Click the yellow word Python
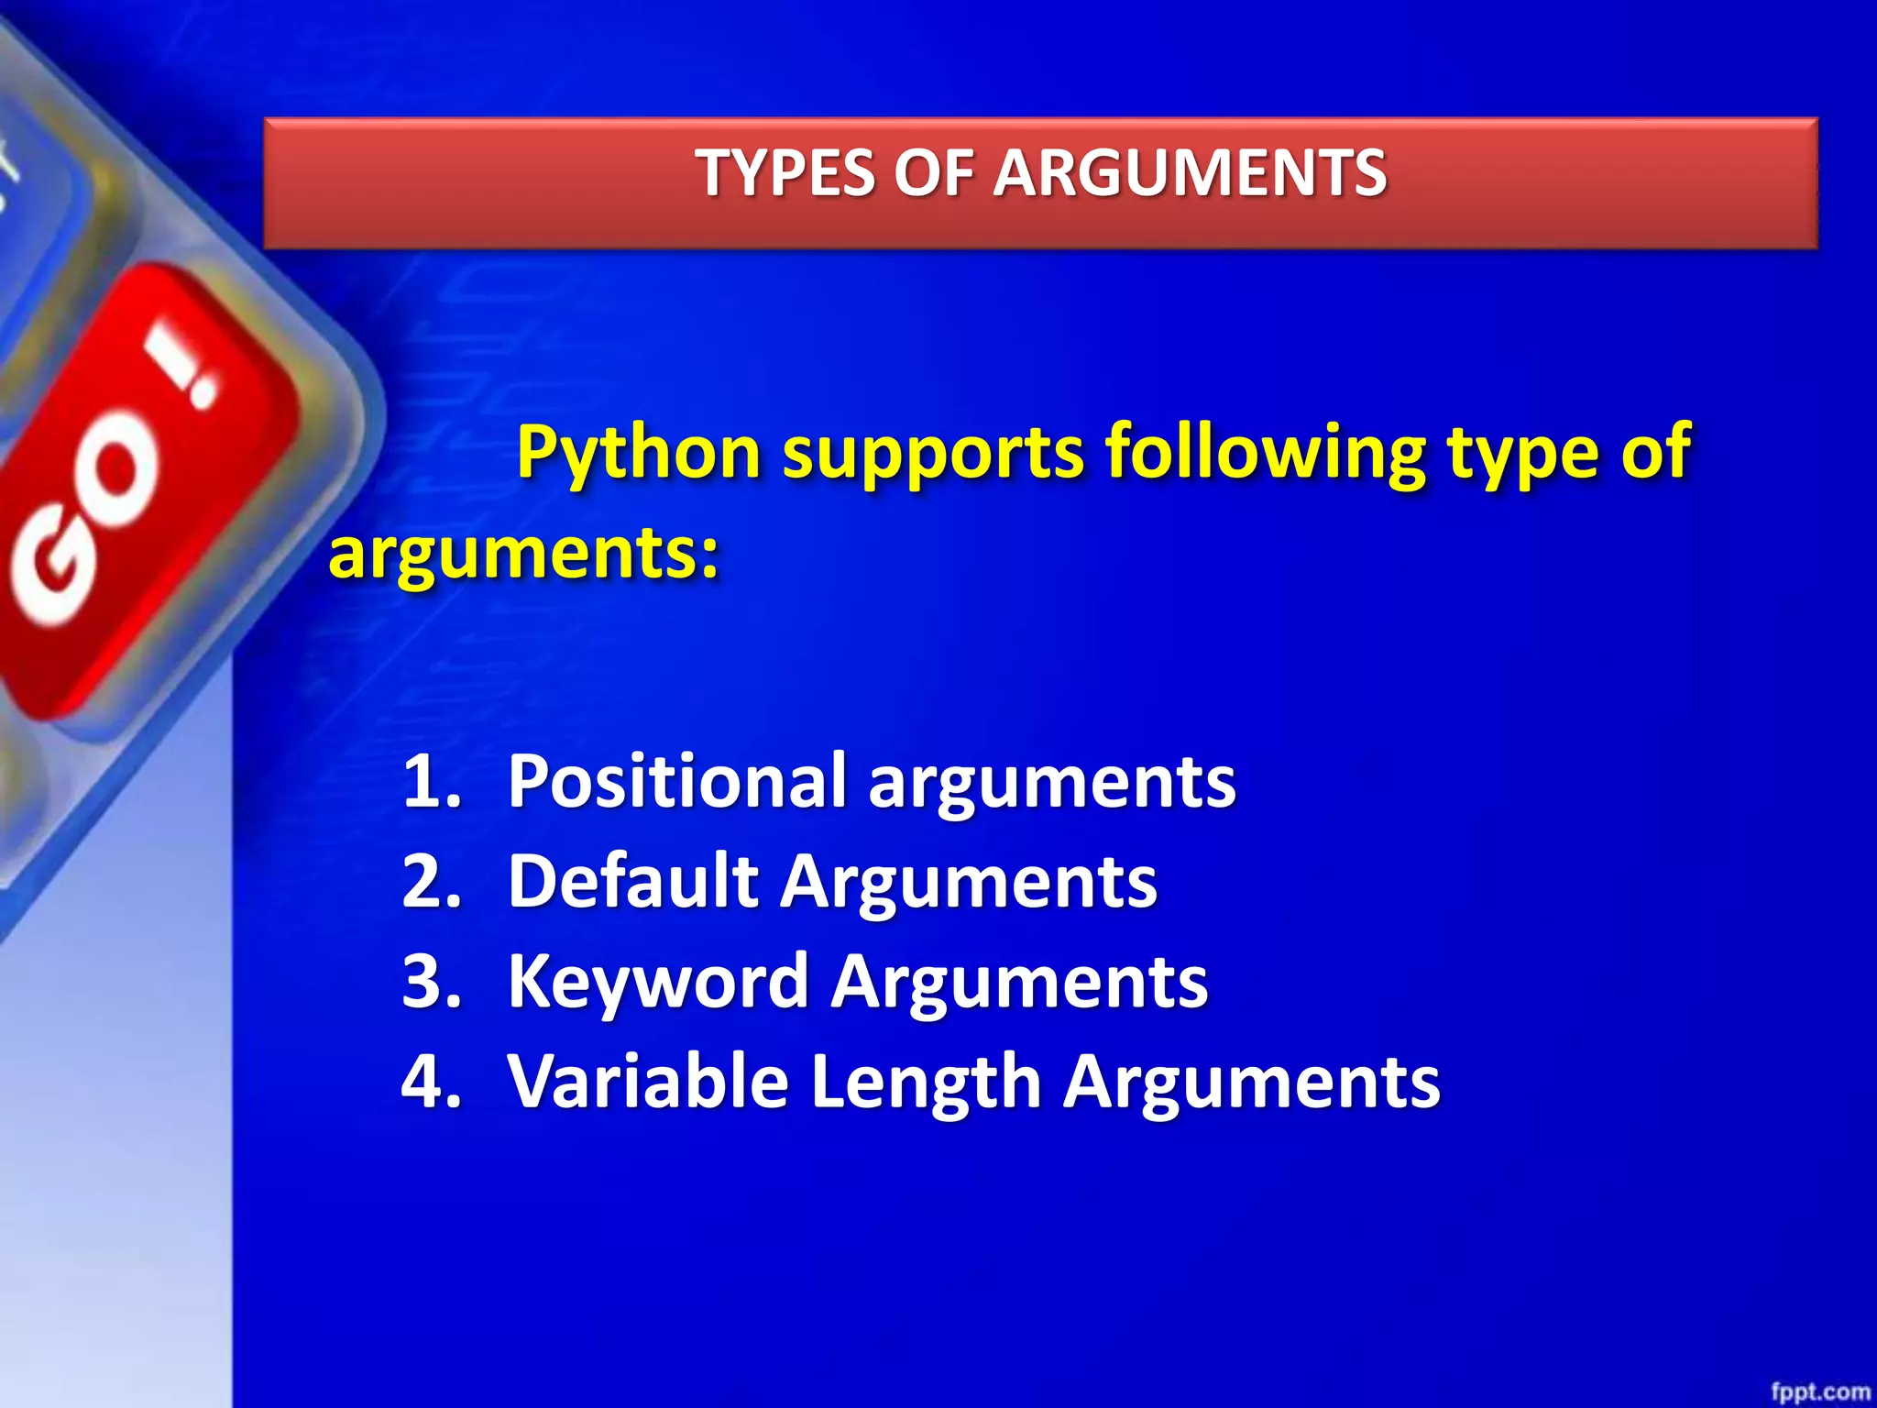point(639,452)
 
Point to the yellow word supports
point(933,452)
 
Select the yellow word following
point(1265,452)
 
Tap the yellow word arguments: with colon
point(523,554)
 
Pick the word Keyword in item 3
point(657,981)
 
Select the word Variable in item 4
point(648,1081)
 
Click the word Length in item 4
point(926,1081)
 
